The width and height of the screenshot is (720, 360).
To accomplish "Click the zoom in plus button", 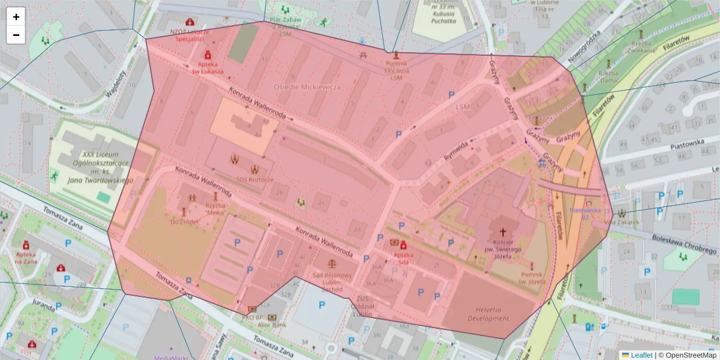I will [16, 17].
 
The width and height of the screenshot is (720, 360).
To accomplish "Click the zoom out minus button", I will [16, 35].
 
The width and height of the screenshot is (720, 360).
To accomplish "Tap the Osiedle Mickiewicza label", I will [307, 87].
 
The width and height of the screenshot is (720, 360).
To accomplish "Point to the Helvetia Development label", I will [488, 314].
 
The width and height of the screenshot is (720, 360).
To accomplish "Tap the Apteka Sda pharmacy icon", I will [403, 245].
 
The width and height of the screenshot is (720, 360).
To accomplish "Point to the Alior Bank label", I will [272, 325].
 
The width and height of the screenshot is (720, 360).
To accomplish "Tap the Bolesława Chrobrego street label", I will [683, 244].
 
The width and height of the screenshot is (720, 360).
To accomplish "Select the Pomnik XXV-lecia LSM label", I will [395, 70].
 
